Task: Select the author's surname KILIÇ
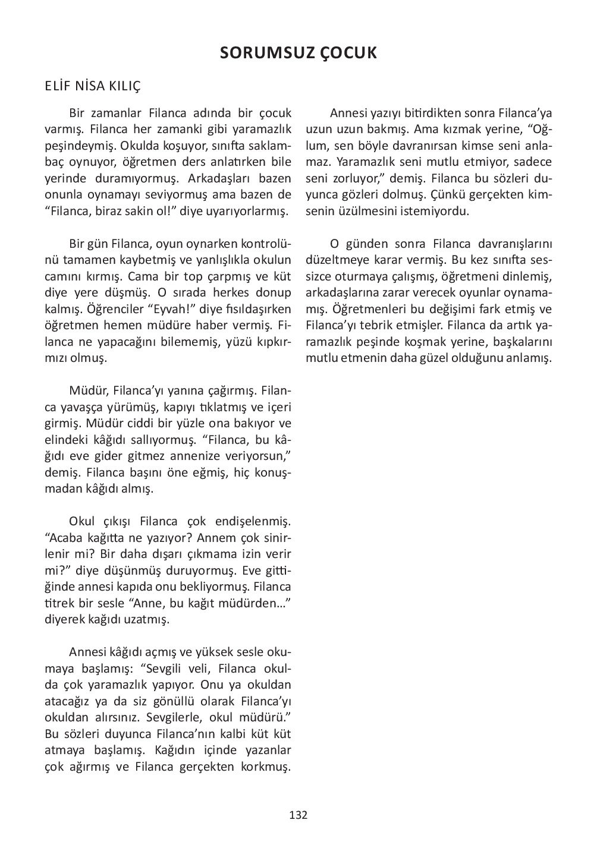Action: tap(124, 87)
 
